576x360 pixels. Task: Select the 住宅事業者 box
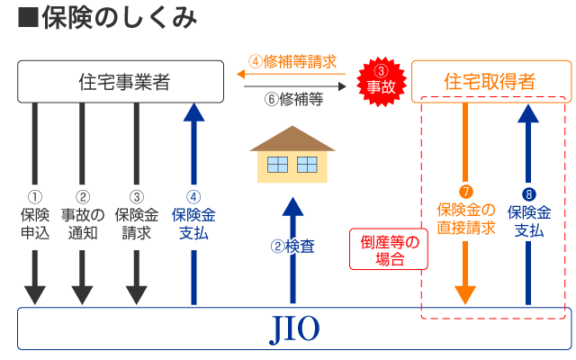(x=121, y=82)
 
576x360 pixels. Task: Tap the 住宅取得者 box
(x=490, y=82)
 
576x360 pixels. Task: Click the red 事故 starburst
(x=382, y=79)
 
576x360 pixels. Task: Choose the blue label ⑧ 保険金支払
(x=529, y=212)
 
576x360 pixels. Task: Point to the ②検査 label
(x=292, y=245)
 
